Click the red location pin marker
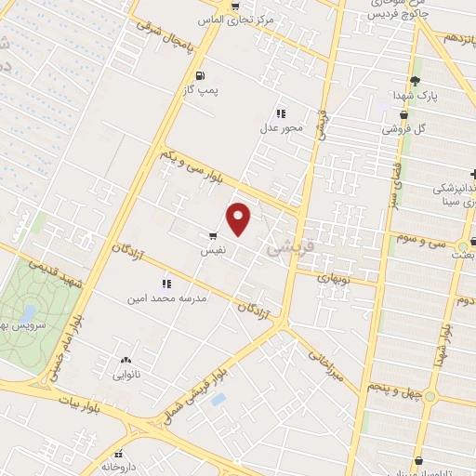click(x=240, y=218)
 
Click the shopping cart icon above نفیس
click(x=213, y=237)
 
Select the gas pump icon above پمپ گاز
click(x=200, y=75)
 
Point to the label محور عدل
click(x=282, y=127)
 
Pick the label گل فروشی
click(x=405, y=128)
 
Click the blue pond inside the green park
click(x=29, y=313)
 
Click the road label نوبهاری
click(x=333, y=277)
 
